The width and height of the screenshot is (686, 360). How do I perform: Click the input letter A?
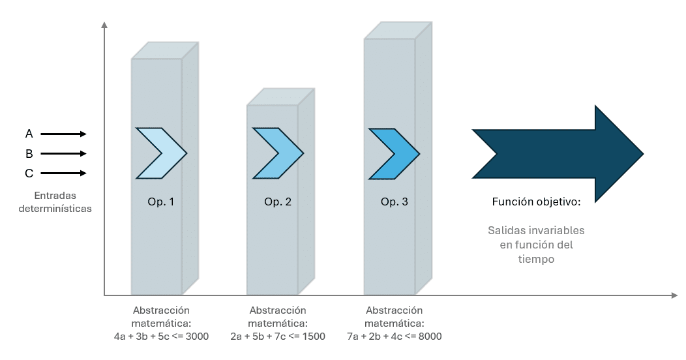[29, 134]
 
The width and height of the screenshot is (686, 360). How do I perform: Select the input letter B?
[29, 153]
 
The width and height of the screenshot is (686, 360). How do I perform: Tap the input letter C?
[29, 173]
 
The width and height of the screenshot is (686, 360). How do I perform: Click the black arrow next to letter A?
[63, 134]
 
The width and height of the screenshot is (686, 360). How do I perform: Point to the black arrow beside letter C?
[63, 173]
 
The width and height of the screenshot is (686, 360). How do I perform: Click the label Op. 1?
[161, 202]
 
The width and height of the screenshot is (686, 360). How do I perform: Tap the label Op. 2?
[278, 202]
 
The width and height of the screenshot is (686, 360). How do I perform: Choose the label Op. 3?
[394, 202]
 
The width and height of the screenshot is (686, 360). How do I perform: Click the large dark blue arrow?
[558, 153]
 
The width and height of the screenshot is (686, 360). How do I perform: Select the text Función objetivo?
[537, 202]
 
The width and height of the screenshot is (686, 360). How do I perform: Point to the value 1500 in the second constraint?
[313, 337]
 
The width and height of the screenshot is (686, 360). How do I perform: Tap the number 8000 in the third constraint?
[430, 337]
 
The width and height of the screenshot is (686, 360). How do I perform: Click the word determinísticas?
[55, 209]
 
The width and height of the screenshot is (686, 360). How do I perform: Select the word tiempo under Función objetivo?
[537, 259]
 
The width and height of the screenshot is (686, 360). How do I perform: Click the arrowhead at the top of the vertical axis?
[104, 25]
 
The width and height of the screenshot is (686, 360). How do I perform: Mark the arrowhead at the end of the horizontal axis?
[674, 295]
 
